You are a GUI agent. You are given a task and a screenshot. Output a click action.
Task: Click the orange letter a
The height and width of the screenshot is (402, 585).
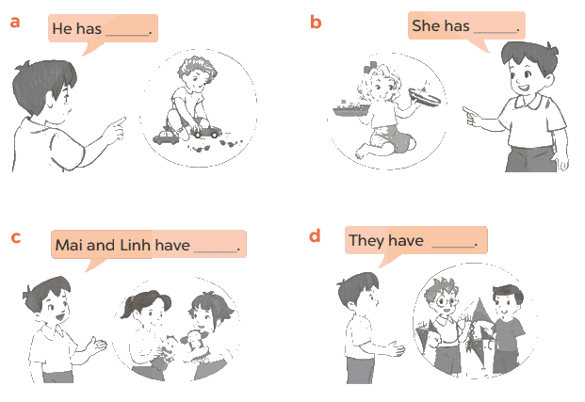14,22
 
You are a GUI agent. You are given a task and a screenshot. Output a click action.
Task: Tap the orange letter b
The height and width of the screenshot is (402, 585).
316,22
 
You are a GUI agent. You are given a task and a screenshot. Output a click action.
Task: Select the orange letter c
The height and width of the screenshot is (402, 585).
16,237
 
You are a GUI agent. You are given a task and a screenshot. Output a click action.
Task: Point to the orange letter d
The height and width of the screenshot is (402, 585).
315,235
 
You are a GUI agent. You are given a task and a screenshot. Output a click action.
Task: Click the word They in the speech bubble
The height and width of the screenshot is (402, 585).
367,241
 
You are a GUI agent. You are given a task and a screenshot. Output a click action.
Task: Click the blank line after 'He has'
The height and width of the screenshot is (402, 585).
128,35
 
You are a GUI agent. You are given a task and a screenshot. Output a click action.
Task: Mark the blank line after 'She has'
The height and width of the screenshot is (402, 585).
496,32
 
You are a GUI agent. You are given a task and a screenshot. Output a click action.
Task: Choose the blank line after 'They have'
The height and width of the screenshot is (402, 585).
453,247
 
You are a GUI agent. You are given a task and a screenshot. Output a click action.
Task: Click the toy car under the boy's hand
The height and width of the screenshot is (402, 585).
205,132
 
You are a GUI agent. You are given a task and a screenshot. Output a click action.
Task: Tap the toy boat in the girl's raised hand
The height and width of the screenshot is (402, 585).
425,97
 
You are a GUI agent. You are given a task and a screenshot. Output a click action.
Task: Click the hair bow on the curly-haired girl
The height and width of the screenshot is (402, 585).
370,68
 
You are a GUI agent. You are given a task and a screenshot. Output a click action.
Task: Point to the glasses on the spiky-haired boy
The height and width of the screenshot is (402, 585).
446,300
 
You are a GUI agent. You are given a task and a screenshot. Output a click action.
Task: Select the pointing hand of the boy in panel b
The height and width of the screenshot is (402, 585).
472,116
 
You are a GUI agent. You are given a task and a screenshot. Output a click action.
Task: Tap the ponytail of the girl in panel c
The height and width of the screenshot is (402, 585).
127,310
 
